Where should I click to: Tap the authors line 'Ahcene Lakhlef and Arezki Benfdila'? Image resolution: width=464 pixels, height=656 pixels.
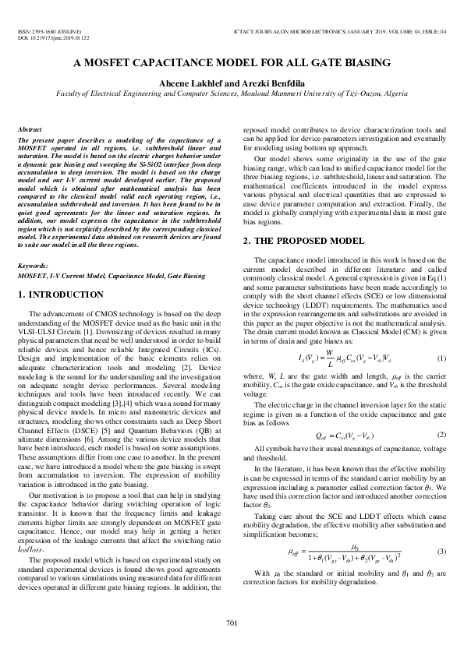coord(232,82)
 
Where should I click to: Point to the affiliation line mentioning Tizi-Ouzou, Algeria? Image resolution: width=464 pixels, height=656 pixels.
coord(232,92)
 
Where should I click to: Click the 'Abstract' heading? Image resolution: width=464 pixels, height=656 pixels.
coord(30,128)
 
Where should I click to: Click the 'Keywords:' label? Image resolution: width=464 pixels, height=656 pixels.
coord(33,266)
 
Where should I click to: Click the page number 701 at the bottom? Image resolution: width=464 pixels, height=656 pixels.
coord(232,622)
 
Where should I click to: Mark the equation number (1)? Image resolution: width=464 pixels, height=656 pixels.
coord(441,336)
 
